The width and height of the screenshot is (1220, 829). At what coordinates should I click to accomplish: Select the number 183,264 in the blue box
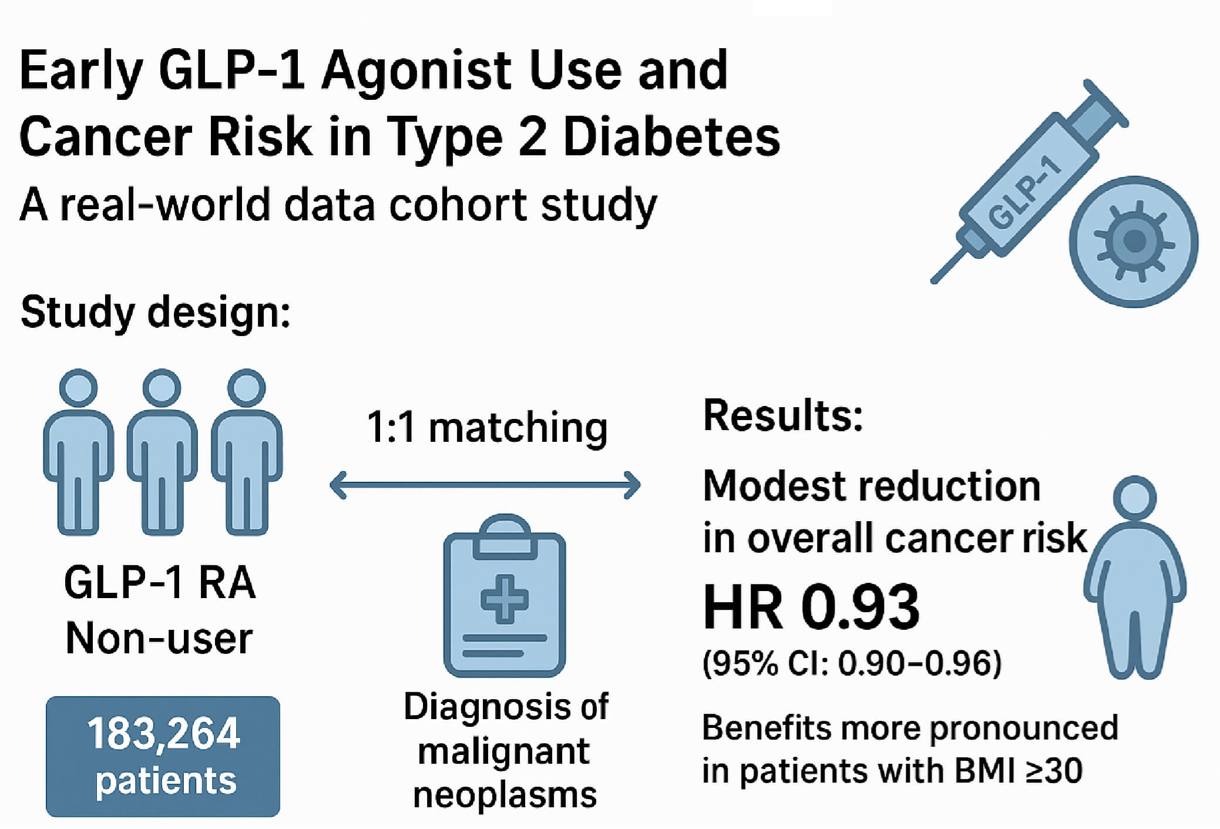163,734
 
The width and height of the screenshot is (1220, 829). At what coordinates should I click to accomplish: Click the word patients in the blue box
166,781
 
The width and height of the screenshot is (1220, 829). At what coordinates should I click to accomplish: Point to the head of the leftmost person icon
78,388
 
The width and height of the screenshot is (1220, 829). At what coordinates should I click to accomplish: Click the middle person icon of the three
162,452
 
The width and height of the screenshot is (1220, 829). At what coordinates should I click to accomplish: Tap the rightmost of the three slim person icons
247,452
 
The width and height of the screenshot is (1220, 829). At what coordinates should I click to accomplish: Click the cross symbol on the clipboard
505,599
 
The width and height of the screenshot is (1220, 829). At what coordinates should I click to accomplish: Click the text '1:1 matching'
487,428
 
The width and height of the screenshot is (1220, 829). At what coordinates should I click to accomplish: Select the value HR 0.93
811,607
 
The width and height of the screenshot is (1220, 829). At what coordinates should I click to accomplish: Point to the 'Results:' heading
783,415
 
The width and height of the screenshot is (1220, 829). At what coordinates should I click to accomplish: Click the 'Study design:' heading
156,312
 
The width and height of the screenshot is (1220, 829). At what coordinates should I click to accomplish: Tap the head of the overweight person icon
1134,498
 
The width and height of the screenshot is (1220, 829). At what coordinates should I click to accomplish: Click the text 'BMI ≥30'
1019,770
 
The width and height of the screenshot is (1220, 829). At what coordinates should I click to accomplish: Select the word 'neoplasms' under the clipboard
505,795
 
